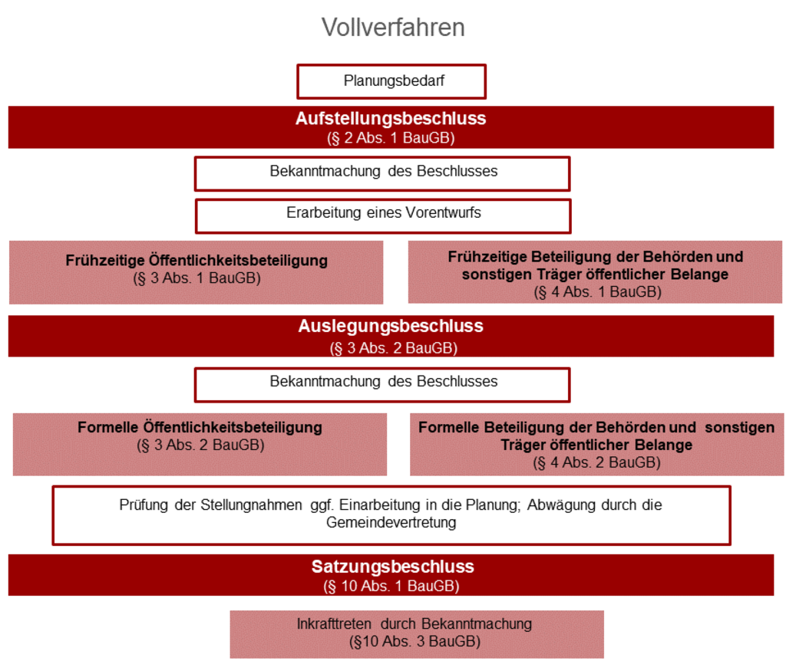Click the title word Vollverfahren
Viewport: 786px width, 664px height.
pyautogui.click(x=393, y=27)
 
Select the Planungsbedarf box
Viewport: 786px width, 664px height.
pyautogui.click(x=391, y=81)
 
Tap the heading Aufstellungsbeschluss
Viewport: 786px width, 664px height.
pyautogui.click(x=391, y=119)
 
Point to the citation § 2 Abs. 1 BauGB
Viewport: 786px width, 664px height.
pyautogui.click(x=391, y=138)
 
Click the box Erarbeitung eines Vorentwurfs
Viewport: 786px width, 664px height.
pyautogui.click(x=383, y=216)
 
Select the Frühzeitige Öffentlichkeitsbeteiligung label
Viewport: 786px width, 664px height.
pyautogui.click(x=196, y=261)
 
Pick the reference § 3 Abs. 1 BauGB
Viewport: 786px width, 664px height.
pyautogui.click(x=196, y=278)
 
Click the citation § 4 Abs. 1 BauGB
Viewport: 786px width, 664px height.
pyautogui.click(x=597, y=291)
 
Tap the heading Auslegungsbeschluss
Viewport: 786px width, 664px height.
pyautogui.click(x=391, y=326)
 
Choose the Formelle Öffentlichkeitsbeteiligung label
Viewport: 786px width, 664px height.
pyautogui.click(x=200, y=427)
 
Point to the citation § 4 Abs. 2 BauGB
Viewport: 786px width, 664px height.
pyautogui.click(x=596, y=462)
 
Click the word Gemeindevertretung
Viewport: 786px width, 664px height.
pyautogui.click(x=391, y=522)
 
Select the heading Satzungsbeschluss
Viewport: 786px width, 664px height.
pyautogui.click(x=392, y=567)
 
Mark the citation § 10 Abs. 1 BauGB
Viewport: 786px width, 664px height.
pyautogui.click(x=391, y=586)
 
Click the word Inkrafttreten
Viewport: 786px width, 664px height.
pyautogui.click(x=334, y=624)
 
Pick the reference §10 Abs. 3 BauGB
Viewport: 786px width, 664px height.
pyautogui.click(x=414, y=642)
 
